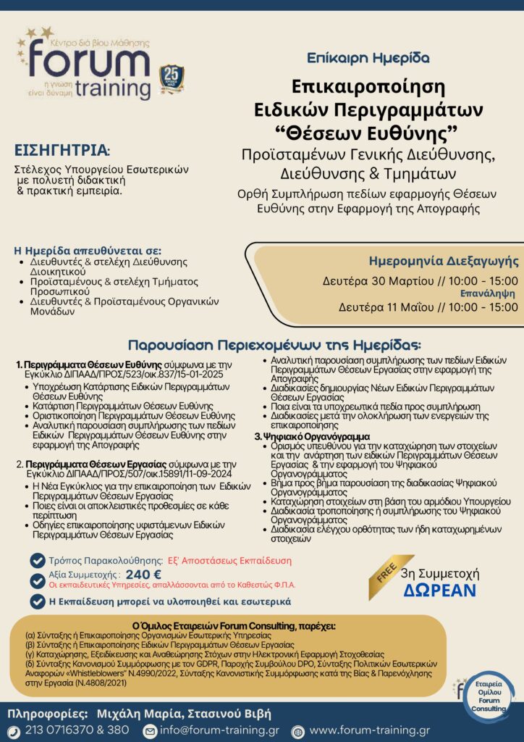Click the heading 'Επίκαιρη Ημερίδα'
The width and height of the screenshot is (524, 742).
pyautogui.click(x=368, y=57)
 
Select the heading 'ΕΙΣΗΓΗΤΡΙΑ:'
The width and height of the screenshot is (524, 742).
pyautogui.click(x=62, y=151)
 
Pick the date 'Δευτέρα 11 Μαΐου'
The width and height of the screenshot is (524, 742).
pyautogui.click(x=384, y=307)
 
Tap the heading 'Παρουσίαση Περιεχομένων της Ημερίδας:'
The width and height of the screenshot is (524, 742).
pyautogui.click(x=274, y=345)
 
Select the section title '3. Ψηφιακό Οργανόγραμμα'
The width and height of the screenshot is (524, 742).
pyautogui.click(x=312, y=437)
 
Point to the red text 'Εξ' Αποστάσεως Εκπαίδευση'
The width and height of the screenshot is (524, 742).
pyautogui.click(x=229, y=560)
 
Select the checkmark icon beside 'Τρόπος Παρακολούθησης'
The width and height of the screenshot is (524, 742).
pyautogui.click(x=37, y=560)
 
